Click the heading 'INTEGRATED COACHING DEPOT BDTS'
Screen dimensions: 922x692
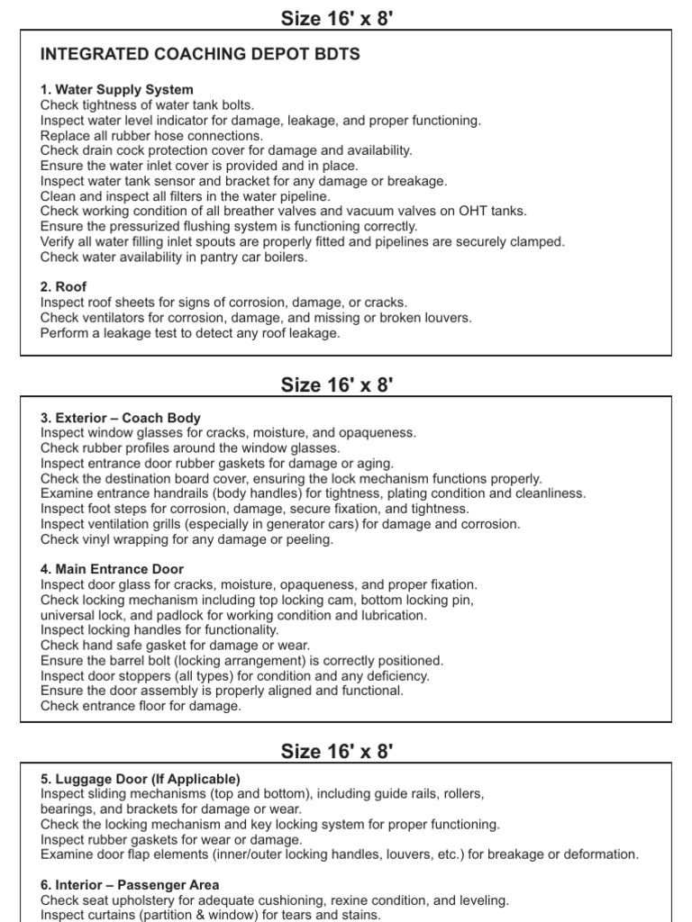(200, 55)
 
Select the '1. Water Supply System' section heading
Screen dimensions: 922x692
(116, 90)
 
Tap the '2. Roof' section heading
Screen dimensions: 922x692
(64, 287)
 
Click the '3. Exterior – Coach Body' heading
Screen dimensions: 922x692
(121, 418)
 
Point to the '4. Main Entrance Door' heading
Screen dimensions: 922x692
(112, 569)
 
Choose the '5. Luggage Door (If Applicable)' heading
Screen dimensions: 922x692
(140, 779)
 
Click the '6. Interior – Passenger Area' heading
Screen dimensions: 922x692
(130, 885)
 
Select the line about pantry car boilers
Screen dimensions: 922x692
(174, 257)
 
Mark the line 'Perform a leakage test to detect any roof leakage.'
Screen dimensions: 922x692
(190, 333)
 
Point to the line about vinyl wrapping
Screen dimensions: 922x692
(187, 539)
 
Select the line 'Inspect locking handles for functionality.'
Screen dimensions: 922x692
(159, 630)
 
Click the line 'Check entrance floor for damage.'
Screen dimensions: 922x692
(141, 707)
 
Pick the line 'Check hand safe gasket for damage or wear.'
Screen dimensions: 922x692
(175, 646)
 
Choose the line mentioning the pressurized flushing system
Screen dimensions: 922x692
(229, 227)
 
